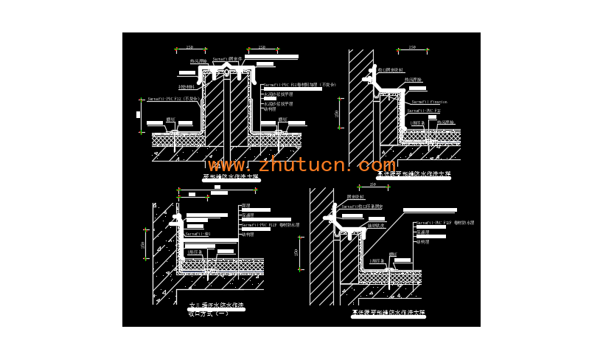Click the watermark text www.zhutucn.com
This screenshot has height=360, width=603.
pyautogui.click(x=301, y=165)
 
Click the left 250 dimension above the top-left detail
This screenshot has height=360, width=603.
pyautogui.click(x=189, y=47)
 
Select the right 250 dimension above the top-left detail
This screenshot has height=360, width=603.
pyautogui.click(x=262, y=47)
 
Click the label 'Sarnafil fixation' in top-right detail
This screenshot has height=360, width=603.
pyautogui.click(x=429, y=102)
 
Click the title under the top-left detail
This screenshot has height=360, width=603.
pyautogui.click(x=231, y=177)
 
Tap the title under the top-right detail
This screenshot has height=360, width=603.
pyautogui.click(x=413, y=175)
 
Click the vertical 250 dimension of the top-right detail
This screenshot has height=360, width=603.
pyautogui.click(x=338, y=114)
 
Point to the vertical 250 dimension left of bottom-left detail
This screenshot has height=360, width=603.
pyautogui.click(x=144, y=245)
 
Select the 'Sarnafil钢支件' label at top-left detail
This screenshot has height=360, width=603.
pyautogui.click(x=228, y=59)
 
